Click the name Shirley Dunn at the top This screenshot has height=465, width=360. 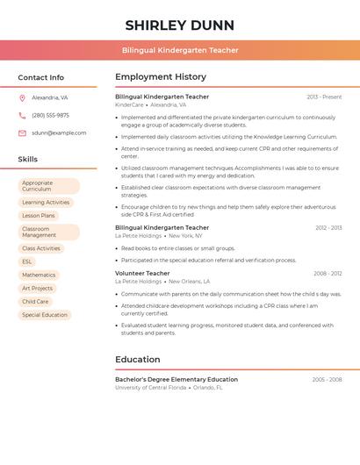180,25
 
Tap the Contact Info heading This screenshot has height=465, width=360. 40,77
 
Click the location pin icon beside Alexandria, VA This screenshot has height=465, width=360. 22,97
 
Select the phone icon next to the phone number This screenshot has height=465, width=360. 22,115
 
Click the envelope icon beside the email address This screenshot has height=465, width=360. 22,132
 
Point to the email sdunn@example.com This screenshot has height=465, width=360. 59,132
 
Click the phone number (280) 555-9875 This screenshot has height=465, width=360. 50,115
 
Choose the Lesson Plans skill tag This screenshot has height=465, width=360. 39,215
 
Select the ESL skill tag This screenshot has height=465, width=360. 27,261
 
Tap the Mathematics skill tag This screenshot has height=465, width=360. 39,275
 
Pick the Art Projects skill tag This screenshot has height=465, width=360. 38,288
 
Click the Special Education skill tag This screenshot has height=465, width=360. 45,314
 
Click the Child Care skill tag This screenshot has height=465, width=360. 35,301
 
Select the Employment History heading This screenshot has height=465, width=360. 161,77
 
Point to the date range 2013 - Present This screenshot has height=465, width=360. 324,97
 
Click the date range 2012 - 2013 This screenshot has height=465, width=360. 328,227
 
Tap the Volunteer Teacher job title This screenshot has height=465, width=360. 142,273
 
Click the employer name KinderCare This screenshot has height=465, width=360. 129,104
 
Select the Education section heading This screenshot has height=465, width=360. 138,359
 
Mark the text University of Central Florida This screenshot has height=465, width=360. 150,387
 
